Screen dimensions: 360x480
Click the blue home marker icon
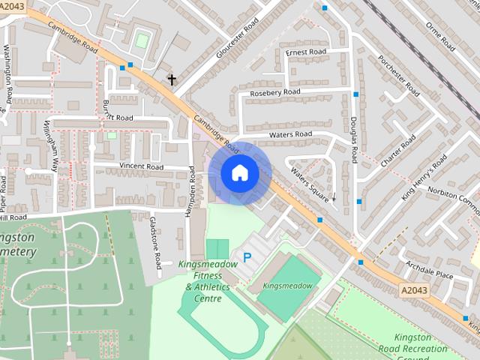pyautogui.click(x=239, y=173)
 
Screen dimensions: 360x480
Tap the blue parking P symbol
pyautogui.click(x=247, y=257)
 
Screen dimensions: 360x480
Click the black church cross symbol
pyautogui.click(x=172, y=79)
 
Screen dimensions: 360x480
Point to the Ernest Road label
pyautogui.click(x=305, y=52)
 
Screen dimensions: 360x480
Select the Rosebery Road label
pyautogui.click(x=274, y=92)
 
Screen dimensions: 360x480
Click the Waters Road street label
pyautogui.click(x=290, y=134)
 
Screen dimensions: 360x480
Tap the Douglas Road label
pyautogui.click(x=353, y=139)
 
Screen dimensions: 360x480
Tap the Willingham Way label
pyautogui.click(x=50, y=147)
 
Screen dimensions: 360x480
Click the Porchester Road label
pyautogui.click(x=399, y=76)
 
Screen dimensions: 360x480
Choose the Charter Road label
pyautogui.click(x=397, y=153)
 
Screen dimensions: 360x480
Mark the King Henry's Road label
pyautogui.click(x=424, y=177)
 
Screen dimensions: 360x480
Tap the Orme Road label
pyautogui.click(x=440, y=36)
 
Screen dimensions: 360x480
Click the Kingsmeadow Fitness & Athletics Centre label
pyautogui.click(x=208, y=281)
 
